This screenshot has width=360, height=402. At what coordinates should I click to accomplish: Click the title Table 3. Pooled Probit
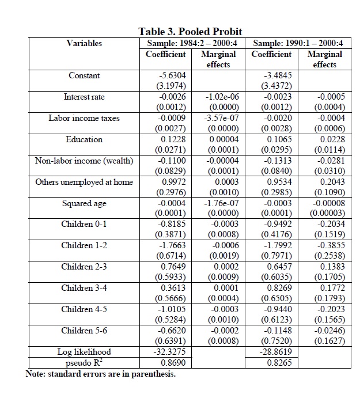[x=190, y=32]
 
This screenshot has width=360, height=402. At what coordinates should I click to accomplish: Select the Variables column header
[x=84, y=43]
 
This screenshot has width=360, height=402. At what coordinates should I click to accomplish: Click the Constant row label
[x=84, y=75]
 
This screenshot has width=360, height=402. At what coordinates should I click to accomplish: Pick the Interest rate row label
[x=84, y=97]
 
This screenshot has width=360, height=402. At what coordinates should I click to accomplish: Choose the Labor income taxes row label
[x=84, y=118]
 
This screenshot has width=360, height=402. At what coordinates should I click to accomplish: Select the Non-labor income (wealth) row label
[x=84, y=161]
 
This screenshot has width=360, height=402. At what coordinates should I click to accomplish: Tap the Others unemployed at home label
[x=84, y=182]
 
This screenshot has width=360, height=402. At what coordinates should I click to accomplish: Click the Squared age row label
[x=84, y=203]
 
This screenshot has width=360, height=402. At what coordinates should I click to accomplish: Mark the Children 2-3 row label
[x=84, y=267]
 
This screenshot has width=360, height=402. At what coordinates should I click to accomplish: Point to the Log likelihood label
[x=84, y=351]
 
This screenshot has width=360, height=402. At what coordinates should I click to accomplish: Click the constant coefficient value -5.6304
[x=171, y=75]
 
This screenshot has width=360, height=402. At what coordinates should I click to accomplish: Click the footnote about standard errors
[x=101, y=374]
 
